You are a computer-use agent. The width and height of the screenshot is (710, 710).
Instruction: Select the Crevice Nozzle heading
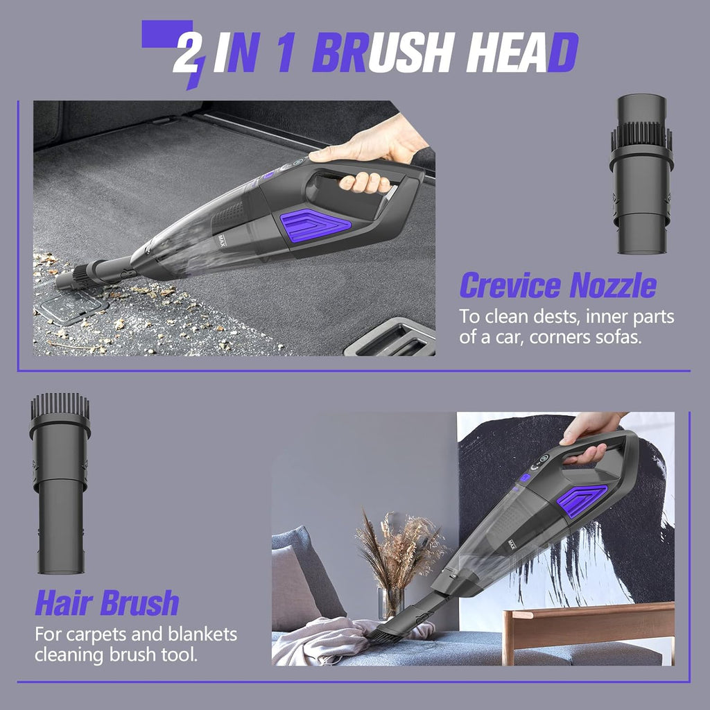pyautogui.click(x=557, y=285)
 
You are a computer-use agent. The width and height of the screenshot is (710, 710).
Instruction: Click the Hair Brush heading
pyautogui.click(x=107, y=603)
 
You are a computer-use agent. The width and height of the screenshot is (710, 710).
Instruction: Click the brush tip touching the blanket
pyautogui.click(x=388, y=632)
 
